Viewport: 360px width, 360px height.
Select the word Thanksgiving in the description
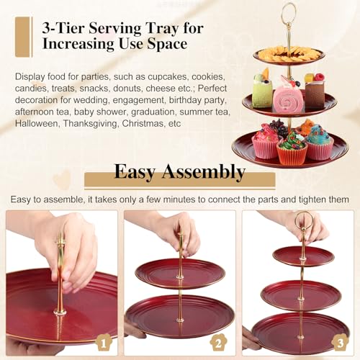[x=97, y=123]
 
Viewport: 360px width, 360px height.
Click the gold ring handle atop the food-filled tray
[x=288, y=12]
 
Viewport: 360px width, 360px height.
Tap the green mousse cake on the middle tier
[x=261, y=94]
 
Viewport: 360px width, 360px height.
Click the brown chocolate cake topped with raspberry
[x=314, y=91]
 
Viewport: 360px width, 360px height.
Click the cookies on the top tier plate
[x=288, y=52]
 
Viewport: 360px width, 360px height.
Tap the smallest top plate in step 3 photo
[x=302, y=255]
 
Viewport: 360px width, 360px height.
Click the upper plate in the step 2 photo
[x=180, y=273]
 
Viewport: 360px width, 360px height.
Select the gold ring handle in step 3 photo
[x=303, y=220]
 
